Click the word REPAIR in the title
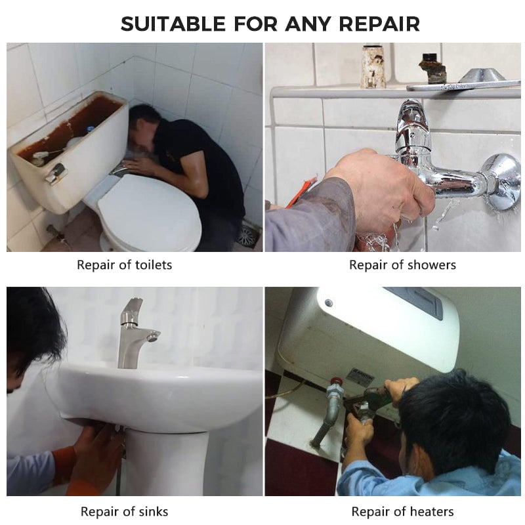379,24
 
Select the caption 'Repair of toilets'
125,265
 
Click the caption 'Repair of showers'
402,265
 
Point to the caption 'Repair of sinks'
125,512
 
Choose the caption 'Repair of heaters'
402,512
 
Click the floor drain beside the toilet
248,234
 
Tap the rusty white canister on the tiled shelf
373,68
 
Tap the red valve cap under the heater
335,382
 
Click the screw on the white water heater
329,303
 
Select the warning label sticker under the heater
360,377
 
